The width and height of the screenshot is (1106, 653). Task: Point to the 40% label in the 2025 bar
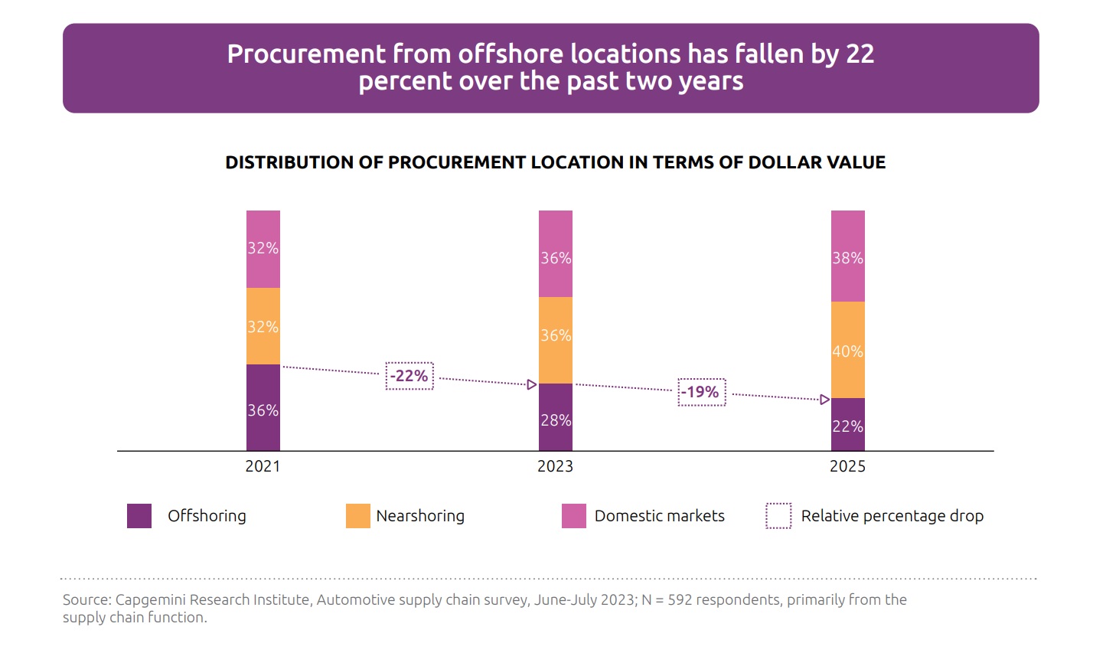(847, 351)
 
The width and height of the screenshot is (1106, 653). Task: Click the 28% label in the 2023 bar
(556, 420)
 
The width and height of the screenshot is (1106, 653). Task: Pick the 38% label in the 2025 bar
(847, 258)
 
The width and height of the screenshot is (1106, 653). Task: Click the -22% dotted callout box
(409, 376)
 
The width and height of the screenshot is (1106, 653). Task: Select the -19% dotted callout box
(701, 392)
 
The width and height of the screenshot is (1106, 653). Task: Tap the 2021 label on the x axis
(263, 466)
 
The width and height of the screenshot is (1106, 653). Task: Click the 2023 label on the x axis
(555, 466)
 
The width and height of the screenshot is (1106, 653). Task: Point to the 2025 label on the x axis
(847, 466)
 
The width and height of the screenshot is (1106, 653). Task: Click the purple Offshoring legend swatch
(139, 516)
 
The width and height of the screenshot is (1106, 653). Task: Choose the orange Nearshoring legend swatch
(358, 516)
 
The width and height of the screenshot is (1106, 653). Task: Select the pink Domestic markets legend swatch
(574, 516)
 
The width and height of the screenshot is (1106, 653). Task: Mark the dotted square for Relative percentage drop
(778, 516)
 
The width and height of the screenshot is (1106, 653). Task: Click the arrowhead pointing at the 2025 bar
(824, 400)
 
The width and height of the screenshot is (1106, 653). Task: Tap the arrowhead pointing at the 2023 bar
(532, 384)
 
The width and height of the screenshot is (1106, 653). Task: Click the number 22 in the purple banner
(860, 54)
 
